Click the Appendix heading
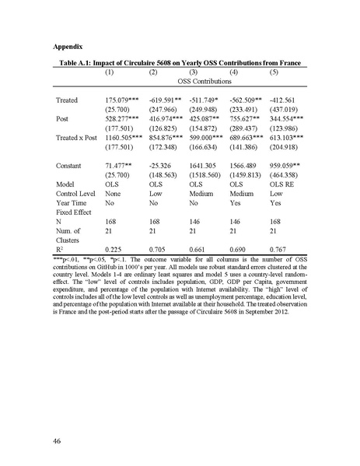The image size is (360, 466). point(69,47)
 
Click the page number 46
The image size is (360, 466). point(58,441)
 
